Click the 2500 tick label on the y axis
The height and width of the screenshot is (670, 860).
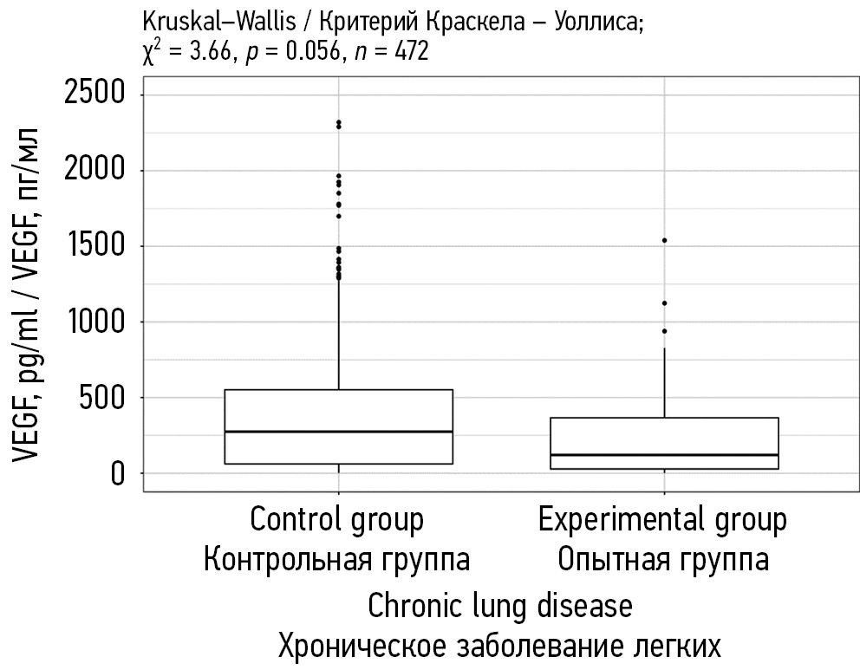(95, 93)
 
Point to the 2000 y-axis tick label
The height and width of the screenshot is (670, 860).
(95, 170)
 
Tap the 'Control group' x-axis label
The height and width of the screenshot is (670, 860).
(336, 520)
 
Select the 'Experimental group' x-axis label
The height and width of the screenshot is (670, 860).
(663, 520)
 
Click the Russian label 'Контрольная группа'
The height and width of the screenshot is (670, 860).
(336, 559)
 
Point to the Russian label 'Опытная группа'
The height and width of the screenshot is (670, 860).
(663, 559)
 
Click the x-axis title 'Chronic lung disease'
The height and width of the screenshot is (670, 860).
(500, 605)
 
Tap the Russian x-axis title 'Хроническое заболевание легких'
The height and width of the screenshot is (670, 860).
(500, 646)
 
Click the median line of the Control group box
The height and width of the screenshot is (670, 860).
(338, 431)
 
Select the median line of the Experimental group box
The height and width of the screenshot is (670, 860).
(664, 454)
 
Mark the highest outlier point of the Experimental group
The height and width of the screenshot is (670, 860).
(664, 240)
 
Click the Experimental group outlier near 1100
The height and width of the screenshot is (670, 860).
(664, 302)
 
